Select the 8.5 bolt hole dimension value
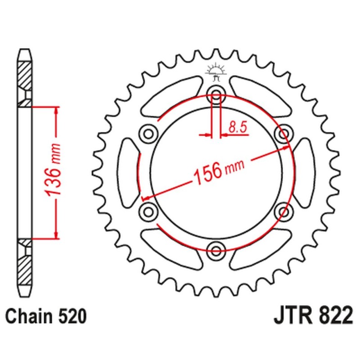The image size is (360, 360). [x=238, y=127]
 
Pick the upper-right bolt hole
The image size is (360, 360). [x=284, y=133]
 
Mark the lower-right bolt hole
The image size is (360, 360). [x=284, y=210]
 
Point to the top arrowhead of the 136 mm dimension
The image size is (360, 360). [x=56, y=110]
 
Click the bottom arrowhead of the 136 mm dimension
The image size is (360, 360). [x=56, y=234]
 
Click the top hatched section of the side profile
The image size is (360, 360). [x=25, y=74]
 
